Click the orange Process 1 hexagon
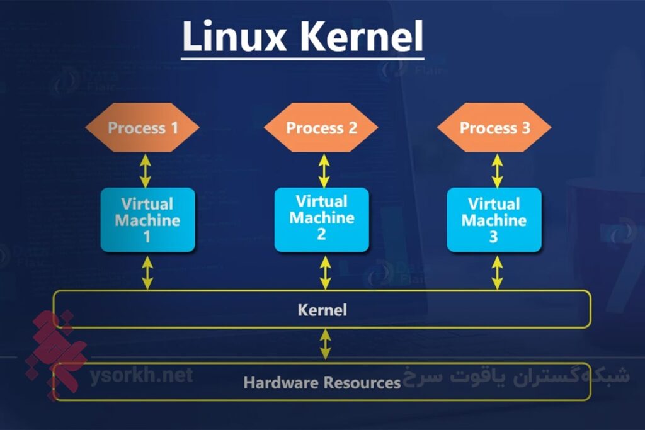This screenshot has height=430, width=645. pos(142,128)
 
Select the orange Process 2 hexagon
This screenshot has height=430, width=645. pos(321,128)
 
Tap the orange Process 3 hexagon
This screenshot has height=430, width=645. pos(494,128)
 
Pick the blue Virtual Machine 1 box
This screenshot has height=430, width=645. pos(148,220)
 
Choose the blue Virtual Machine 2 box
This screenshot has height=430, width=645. pos(322,218)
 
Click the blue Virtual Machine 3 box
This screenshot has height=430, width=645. pos(494,220)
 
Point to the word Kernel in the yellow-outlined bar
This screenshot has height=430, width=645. pos(322,310)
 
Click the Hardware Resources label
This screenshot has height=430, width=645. pos(322,382)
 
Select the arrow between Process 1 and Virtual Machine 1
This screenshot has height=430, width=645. pos(146,170)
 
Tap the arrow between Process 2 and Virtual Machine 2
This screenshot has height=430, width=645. pos(324,170)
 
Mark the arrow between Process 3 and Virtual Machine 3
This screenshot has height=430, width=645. pos(497,170)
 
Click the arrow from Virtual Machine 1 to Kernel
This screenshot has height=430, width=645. pos(147,272)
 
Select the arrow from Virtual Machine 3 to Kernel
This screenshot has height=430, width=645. pos(497,272)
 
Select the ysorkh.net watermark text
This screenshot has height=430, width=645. pos(141,376)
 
